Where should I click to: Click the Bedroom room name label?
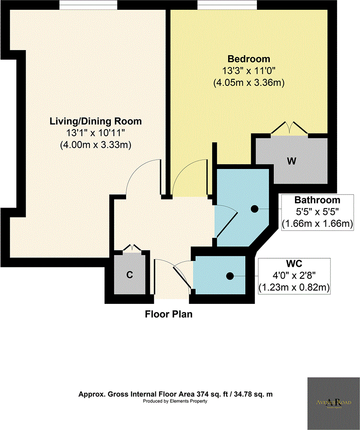click(x=248, y=59)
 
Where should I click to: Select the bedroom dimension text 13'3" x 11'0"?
click(x=248, y=70)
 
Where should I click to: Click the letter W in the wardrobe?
click(x=291, y=161)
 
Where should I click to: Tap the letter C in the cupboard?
click(x=130, y=275)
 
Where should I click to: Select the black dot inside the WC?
click(x=230, y=276)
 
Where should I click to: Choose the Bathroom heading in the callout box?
click(x=317, y=200)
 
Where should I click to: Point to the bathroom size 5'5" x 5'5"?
click(x=317, y=212)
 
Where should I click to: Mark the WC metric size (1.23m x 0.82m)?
click(x=295, y=288)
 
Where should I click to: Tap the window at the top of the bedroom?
click(x=227, y=4)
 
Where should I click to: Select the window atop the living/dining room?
click(x=88, y=4)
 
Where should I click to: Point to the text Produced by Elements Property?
click(x=175, y=401)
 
